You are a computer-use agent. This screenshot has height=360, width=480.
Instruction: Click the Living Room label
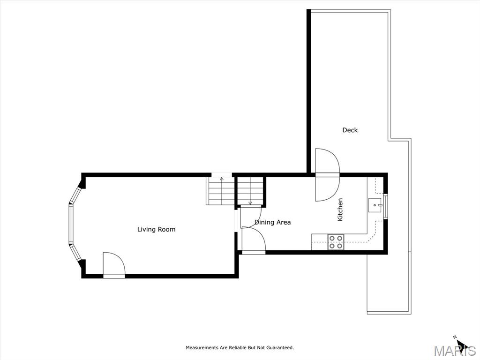coord(156,229)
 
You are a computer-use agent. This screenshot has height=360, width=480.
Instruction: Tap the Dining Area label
coord(272,222)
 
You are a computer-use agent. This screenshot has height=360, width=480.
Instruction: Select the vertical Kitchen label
coord(340,210)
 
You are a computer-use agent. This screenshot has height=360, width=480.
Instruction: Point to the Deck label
coord(350,130)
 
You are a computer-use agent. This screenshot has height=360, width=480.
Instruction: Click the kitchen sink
coord(375,205)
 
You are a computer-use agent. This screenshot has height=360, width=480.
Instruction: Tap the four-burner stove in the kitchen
coord(336,242)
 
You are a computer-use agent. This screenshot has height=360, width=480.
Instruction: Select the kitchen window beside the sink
coord(386,206)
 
